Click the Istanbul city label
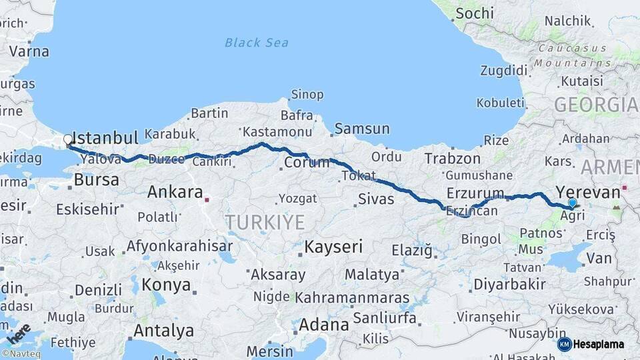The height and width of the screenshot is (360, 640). (x=105, y=138)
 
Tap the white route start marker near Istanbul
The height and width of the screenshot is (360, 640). (x=67, y=140)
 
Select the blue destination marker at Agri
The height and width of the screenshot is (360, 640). (x=572, y=203)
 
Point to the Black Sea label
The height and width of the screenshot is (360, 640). (x=257, y=43)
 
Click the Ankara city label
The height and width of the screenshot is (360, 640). (x=175, y=193)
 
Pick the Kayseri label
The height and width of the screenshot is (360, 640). (x=333, y=247)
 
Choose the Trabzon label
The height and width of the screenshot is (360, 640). (x=453, y=159)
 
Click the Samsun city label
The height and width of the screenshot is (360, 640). (x=362, y=129)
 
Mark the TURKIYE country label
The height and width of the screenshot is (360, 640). (x=265, y=223)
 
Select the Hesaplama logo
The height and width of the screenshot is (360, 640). (x=591, y=344)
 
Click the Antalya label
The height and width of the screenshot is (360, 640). (x=163, y=331)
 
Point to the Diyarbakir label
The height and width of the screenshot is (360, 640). (x=509, y=285)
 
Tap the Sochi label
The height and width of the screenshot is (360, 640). (x=475, y=13)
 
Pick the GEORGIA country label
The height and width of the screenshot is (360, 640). (x=596, y=105)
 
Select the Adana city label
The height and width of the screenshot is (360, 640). (x=323, y=325)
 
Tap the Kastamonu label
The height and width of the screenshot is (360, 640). (x=277, y=132)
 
